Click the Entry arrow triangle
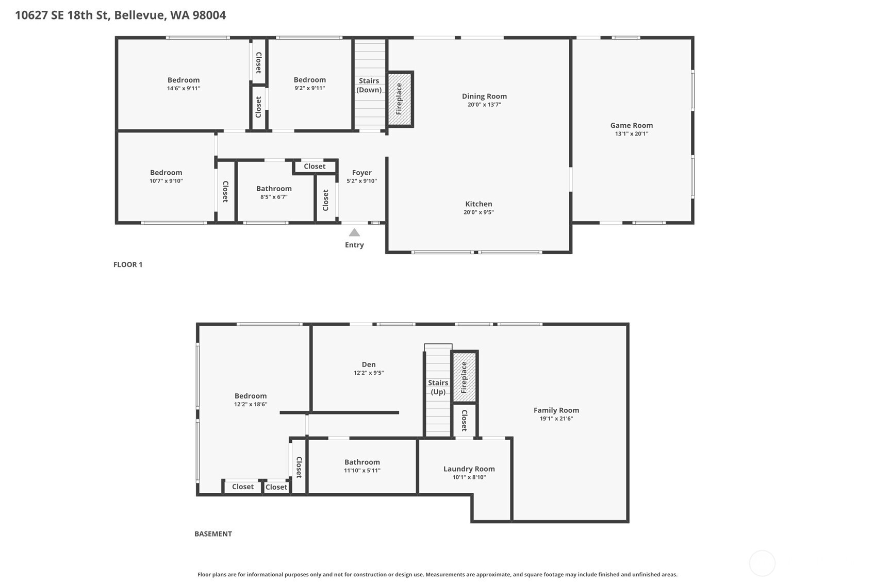[354, 232]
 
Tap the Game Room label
[631, 125]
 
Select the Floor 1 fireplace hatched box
[400, 99]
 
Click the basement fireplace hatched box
[464, 377]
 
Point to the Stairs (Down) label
[369, 85]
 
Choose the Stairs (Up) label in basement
[438, 387]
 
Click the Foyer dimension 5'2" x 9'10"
[361, 181]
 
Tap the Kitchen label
[478, 204]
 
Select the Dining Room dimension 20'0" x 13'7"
[484, 105]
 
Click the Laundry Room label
[469, 469]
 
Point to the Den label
[369, 364]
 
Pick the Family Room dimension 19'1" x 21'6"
[556, 419]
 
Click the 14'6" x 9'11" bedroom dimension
[184, 88]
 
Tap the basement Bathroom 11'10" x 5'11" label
[362, 462]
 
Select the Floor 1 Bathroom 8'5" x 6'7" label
[274, 189]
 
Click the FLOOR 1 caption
[128, 264]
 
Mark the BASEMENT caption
[213, 534]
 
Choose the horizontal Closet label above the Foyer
[315, 166]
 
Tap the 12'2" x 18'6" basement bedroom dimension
[251, 404]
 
